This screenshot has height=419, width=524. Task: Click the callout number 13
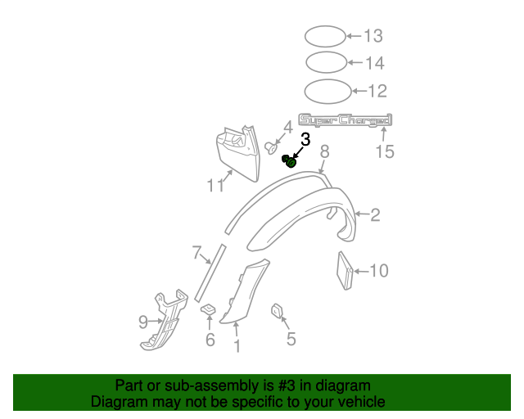(373, 36)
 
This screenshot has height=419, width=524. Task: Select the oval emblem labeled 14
(326, 63)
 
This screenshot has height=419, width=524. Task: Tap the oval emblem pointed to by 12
(327, 90)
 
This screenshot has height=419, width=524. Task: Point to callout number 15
(384, 151)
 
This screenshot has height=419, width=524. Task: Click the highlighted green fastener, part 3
(290, 161)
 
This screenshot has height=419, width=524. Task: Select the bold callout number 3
(305, 139)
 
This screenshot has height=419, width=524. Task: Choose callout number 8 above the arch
(324, 151)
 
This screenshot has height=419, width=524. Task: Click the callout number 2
(375, 215)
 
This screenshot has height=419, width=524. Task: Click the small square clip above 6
(209, 309)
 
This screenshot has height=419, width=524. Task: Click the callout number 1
(237, 346)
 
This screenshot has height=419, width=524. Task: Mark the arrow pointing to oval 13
(353, 36)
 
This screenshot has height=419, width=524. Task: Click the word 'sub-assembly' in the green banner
(215, 385)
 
